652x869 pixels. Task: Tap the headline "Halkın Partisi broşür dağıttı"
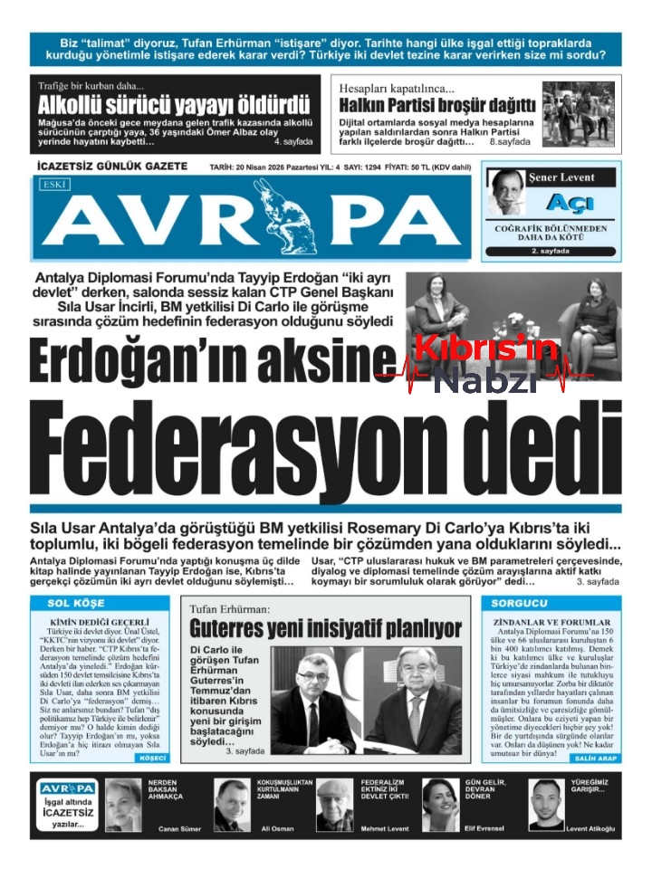437,105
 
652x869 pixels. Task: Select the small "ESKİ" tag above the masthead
57,184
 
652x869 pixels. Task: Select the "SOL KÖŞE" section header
71,603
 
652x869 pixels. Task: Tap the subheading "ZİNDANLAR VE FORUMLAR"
551,623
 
